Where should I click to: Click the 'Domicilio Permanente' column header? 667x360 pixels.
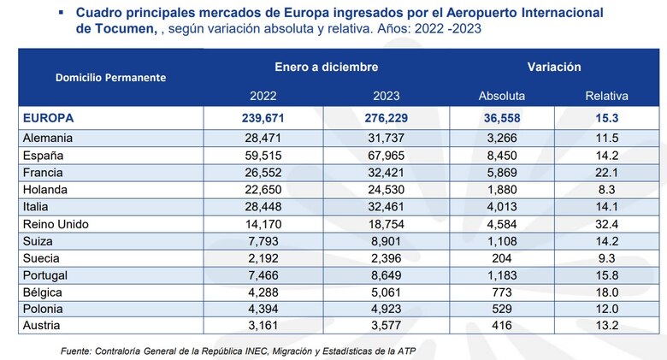click(x=110, y=77)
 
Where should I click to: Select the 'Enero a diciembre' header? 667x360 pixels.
click(x=327, y=66)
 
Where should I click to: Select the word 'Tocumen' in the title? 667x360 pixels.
click(x=116, y=28)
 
